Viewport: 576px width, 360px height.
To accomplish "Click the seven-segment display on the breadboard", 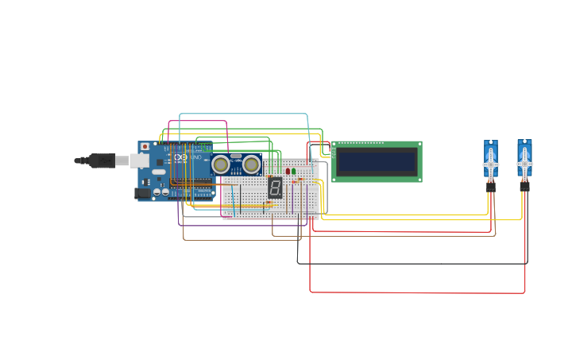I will tap(275, 188).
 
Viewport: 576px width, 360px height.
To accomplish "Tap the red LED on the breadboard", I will tap(288, 171).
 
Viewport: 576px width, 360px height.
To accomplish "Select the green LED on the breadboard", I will tap(294, 171).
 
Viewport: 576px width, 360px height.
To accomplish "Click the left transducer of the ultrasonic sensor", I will tap(221, 165).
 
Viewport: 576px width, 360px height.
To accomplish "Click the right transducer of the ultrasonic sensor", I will tap(251, 165).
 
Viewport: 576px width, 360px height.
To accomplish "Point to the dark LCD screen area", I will tap(377, 162).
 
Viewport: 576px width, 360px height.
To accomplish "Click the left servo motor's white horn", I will tap(491, 165).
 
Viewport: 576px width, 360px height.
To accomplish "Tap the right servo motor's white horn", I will tap(524, 165).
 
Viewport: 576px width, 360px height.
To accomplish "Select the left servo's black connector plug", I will tap(491, 188).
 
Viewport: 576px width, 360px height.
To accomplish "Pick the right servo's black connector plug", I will tap(524, 187).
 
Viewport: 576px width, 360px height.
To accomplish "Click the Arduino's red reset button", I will tap(145, 147).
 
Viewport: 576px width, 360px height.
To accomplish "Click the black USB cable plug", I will tap(102, 161).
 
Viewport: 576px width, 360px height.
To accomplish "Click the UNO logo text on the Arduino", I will tap(195, 157).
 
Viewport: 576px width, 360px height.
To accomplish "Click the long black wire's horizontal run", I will tap(413, 263).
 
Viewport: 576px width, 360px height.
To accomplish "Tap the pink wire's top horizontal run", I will tap(198, 122).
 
